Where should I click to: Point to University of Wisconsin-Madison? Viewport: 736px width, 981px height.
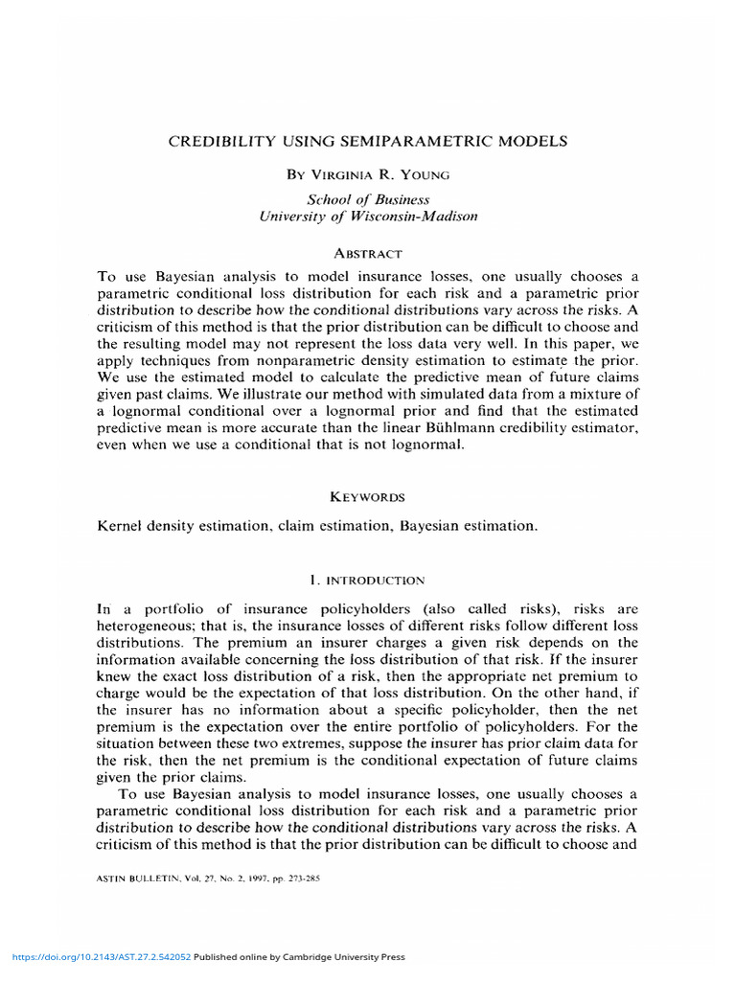(368, 217)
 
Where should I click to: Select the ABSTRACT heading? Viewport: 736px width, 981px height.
(368, 253)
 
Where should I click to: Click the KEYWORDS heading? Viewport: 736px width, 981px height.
(368, 496)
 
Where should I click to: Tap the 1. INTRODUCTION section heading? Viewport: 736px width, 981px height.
(368, 580)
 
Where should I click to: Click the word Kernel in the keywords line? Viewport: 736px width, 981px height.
(120, 526)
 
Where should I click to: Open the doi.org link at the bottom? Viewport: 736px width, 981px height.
(101, 957)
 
